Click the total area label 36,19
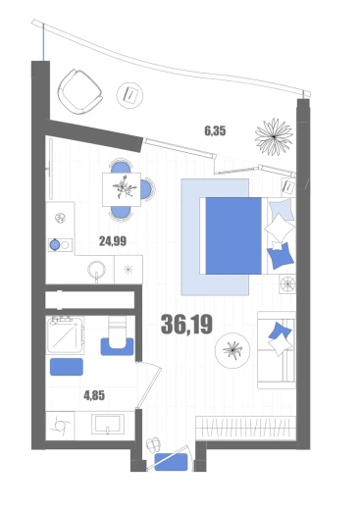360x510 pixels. click(x=186, y=325)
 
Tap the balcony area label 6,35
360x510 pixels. click(x=215, y=131)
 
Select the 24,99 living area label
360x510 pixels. click(x=113, y=241)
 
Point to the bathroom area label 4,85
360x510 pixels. click(x=94, y=396)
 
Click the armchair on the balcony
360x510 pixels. click(x=79, y=91)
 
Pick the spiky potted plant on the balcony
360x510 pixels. click(x=274, y=137)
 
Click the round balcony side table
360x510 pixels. click(x=129, y=95)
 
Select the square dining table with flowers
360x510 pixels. click(x=122, y=189)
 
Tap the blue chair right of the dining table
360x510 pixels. click(x=147, y=189)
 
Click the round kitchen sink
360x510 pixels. click(x=97, y=270)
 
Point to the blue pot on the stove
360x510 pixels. click(x=55, y=244)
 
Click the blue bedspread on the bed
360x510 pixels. click(x=233, y=235)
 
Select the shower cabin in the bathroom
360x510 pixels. click(x=65, y=335)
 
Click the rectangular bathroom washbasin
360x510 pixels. click(x=108, y=425)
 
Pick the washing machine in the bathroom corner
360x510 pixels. click(x=60, y=426)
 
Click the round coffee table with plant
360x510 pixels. click(x=232, y=351)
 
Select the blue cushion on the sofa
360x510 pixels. click(x=280, y=331)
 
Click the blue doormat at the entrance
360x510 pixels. click(x=171, y=462)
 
